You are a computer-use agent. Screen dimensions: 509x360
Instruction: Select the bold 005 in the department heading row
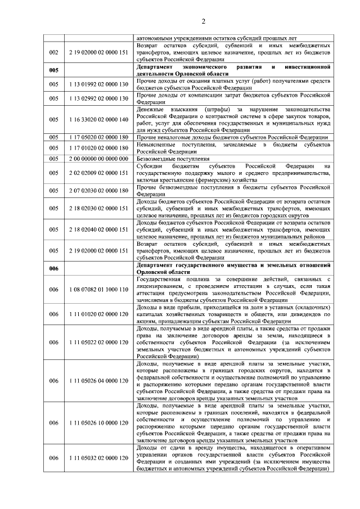(x=54, y=70)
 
